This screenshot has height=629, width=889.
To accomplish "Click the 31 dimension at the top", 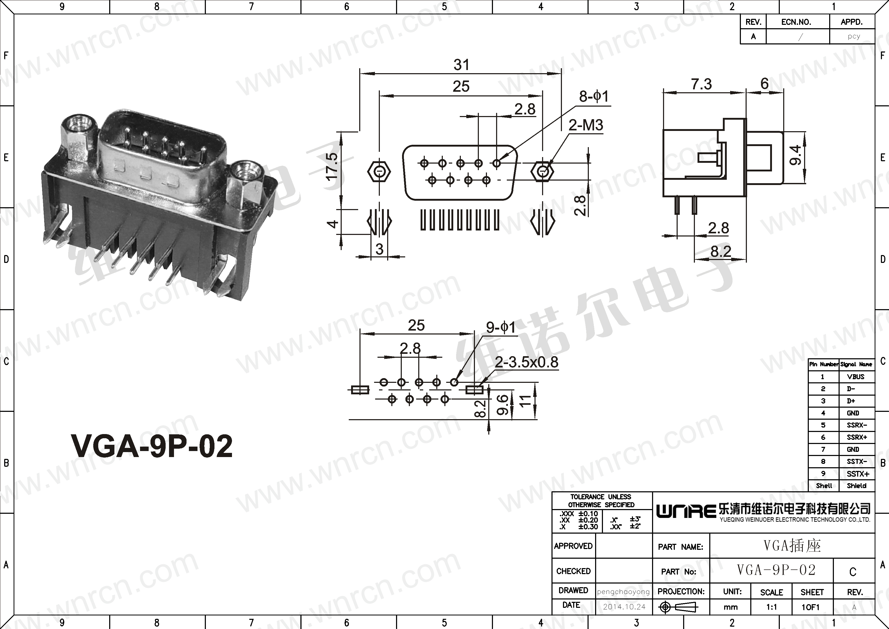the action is tap(461, 65).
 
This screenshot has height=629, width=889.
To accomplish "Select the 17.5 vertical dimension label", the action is tap(332, 166).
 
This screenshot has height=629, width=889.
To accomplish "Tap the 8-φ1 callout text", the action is tap(594, 96).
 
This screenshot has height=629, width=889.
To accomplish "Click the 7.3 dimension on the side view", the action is tap(702, 84).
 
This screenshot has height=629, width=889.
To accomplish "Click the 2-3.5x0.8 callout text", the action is tap(527, 362).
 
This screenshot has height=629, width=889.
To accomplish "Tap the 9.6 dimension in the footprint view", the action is tap(502, 405).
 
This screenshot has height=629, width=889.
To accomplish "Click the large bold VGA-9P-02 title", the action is tap(152, 446).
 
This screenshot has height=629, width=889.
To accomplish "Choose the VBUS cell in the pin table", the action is tap(856, 377).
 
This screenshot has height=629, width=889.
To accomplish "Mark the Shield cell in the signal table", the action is tap(856, 486).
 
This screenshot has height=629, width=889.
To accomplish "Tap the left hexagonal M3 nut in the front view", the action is tap(379, 170).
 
